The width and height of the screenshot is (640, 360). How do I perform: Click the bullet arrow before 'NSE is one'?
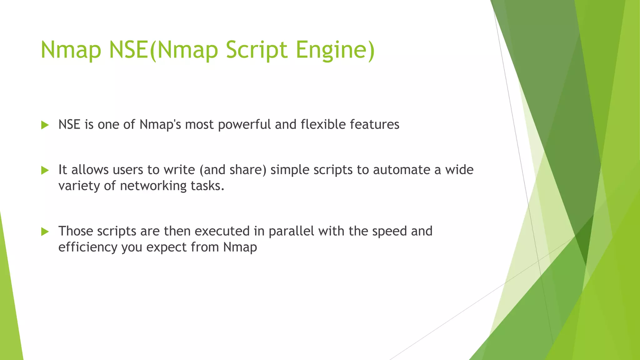45,125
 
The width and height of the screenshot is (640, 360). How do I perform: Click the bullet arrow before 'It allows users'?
45,170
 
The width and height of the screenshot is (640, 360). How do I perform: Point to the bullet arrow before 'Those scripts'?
45,232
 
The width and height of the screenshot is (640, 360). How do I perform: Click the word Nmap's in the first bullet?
160,125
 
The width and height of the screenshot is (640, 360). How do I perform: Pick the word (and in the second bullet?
212,170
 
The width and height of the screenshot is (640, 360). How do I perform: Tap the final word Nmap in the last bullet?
240,247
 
